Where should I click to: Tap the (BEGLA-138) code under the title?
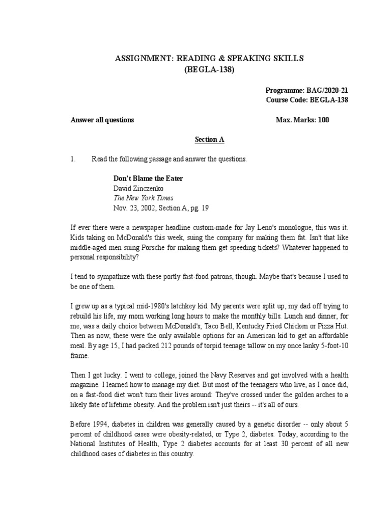pyautogui.click(x=209, y=70)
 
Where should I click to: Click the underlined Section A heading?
pyautogui.click(x=209, y=139)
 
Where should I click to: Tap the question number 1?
pyautogui.click(x=72, y=159)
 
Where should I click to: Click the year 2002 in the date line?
pyautogui.click(x=148, y=207)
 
